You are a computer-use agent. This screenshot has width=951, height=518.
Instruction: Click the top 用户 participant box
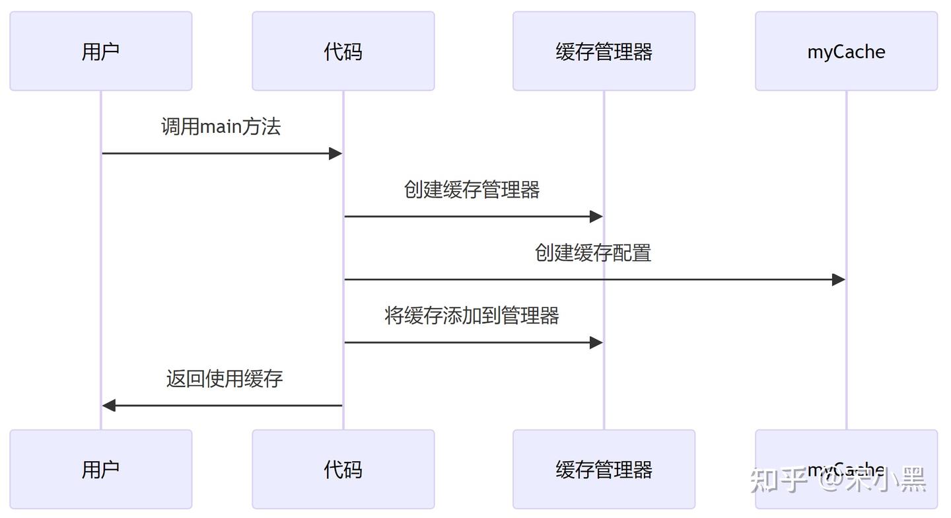(100, 51)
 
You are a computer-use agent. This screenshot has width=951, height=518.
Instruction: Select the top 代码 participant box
(343, 51)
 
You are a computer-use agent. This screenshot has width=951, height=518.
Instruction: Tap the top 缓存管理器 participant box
(604, 51)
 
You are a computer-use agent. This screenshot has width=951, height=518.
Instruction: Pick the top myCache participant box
(846, 51)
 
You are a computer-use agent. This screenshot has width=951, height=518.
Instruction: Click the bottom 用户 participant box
(100, 469)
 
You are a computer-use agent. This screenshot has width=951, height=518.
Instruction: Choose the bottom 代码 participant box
(343, 469)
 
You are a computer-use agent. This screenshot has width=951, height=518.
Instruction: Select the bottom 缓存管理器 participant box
(604, 469)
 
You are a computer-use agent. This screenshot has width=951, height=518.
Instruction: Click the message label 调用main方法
(221, 126)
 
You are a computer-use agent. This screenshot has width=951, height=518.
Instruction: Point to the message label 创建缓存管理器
(472, 190)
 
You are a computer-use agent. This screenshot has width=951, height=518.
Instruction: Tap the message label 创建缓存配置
(593, 252)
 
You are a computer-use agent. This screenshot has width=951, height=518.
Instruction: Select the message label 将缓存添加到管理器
(472, 315)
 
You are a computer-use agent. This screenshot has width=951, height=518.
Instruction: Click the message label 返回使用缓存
(225, 379)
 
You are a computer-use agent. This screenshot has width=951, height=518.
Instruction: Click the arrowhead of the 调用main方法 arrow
(335, 153)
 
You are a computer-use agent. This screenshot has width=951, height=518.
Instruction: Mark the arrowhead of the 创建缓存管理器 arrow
(596, 216)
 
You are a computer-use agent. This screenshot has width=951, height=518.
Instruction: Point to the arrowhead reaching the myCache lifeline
(839, 279)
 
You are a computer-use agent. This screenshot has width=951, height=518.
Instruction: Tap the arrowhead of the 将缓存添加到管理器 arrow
(596, 342)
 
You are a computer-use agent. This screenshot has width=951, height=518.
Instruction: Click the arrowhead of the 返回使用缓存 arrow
(109, 405)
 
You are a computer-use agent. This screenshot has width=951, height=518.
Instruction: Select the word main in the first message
(221, 126)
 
